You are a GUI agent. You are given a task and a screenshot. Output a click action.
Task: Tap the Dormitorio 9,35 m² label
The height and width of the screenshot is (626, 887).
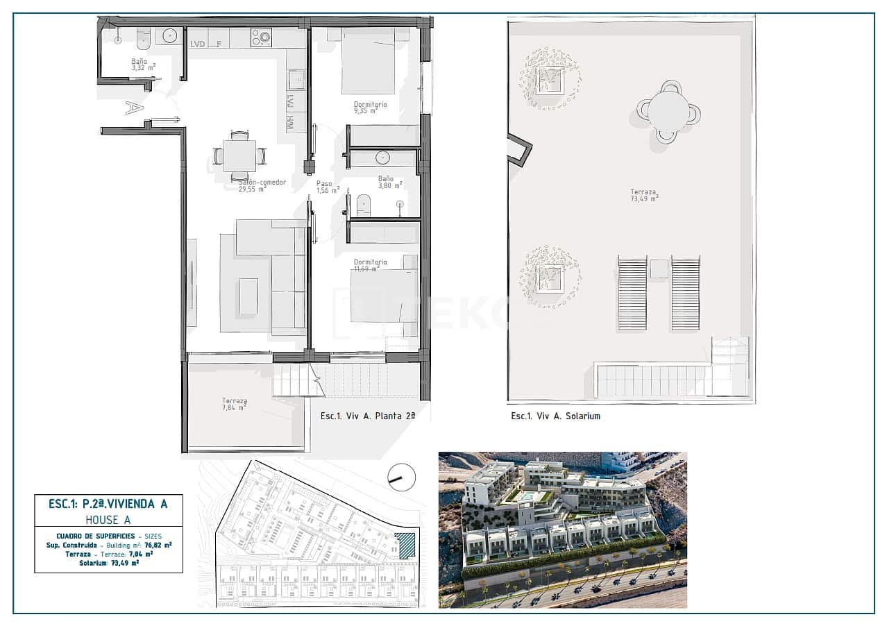pyautogui.click(x=370, y=108)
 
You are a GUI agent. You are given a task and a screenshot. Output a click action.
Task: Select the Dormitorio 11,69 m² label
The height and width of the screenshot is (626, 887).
pyautogui.click(x=370, y=265)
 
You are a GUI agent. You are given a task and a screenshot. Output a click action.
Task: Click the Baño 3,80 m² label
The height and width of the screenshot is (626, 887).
pyautogui.click(x=389, y=182)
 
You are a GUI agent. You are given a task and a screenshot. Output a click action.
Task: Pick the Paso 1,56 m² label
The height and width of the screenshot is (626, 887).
pyautogui.click(x=327, y=187)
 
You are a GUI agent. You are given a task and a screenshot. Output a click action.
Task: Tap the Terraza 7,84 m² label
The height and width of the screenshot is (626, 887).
pyautogui.click(x=234, y=404)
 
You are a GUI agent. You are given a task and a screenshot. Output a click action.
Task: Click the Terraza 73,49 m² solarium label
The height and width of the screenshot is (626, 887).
pyautogui.click(x=643, y=195)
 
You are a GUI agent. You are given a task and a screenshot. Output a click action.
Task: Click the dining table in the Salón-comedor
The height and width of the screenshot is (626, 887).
pyautogui.click(x=239, y=153)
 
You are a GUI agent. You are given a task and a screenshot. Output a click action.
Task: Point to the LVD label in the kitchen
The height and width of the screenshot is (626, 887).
pyautogui.click(x=198, y=44)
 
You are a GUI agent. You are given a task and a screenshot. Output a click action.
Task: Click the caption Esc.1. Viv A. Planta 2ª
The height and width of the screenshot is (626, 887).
pyautogui.click(x=367, y=416)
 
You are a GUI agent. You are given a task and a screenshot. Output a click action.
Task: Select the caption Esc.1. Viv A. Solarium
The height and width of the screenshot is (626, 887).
pyautogui.click(x=555, y=416)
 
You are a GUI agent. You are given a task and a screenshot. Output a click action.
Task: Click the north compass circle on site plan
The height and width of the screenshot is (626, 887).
pyautogui.click(x=401, y=477)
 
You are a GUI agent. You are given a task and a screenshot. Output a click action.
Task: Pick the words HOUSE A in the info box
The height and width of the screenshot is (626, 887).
pyautogui.click(x=108, y=519)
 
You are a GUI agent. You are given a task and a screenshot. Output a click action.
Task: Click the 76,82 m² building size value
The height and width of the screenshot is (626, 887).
pyautogui.click(x=158, y=545)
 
